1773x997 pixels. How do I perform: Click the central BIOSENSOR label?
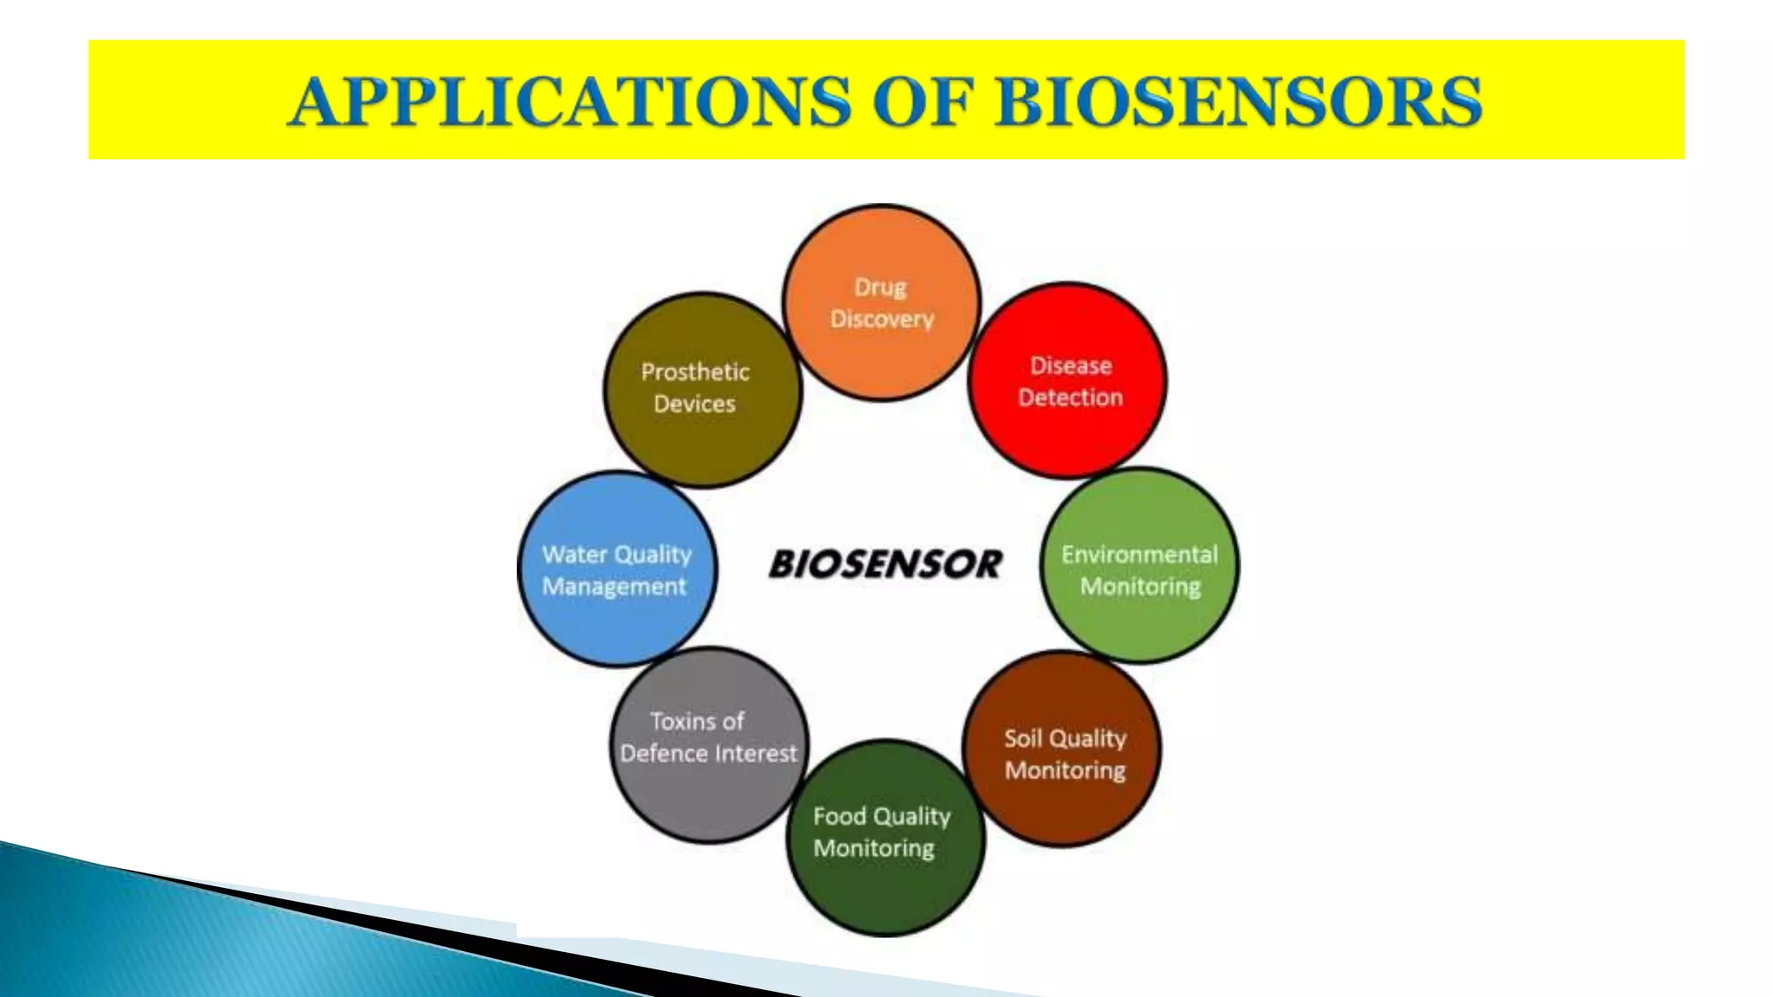pos(885,564)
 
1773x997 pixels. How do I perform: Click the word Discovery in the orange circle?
pos(881,319)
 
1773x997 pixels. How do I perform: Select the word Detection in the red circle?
pos(1070,398)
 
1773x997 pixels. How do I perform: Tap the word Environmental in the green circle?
pos(1139,554)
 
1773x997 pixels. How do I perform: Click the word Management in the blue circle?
pos(614,587)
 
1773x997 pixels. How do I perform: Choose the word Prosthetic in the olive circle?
pos(695,372)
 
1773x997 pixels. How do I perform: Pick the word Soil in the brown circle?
pos(1022,738)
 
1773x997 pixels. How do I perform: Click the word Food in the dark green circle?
pos(839,816)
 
